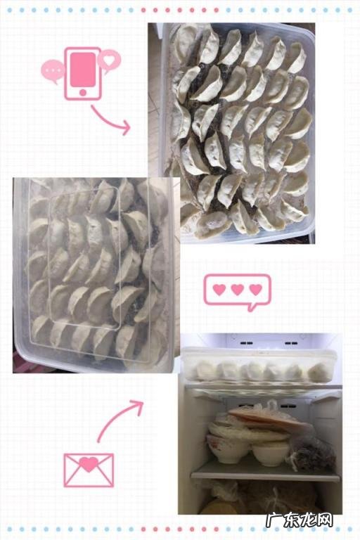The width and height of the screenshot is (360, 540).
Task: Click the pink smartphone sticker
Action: (82, 74)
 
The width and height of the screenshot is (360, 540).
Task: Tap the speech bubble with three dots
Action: (53, 70)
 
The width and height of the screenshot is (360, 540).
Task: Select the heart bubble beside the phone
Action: (109, 59)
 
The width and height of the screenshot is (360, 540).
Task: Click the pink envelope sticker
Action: (88, 469)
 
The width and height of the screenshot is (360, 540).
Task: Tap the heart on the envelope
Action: (88, 464)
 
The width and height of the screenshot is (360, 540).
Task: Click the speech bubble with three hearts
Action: (237, 291)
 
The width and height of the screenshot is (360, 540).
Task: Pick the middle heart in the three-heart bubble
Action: (237, 289)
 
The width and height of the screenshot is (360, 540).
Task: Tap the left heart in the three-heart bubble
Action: (219, 289)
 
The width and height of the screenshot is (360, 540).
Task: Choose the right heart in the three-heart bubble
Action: (255, 289)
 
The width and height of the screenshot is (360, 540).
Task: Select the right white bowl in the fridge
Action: (271, 454)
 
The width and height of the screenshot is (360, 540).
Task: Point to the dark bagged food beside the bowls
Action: (313, 454)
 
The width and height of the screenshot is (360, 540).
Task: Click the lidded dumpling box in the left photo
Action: (95, 274)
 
